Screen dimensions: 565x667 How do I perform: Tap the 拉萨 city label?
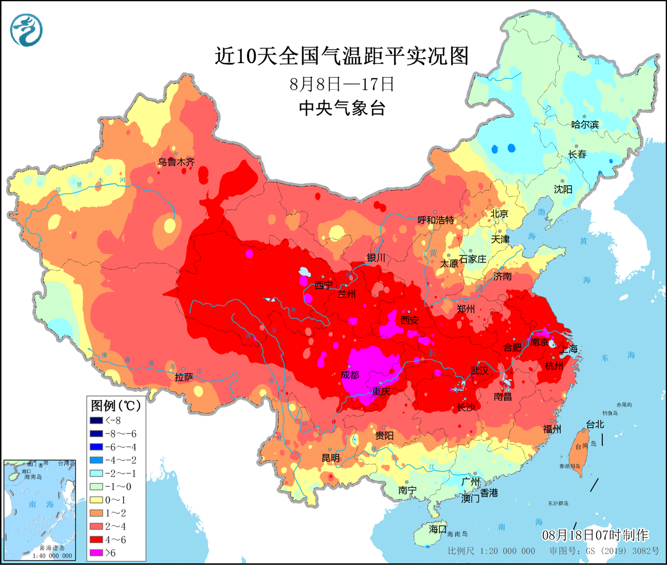(x=184, y=377)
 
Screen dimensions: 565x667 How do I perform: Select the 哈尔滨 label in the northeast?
(x=585, y=125)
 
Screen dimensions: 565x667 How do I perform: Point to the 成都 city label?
(x=350, y=375)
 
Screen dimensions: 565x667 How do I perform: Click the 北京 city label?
(x=499, y=213)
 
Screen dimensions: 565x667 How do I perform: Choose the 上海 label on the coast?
(x=569, y=349)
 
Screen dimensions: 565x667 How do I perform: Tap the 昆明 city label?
(x=330, y=458)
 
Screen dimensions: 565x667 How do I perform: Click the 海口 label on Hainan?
(x=437, y=529)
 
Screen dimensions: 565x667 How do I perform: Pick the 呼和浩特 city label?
(x=436, y=220)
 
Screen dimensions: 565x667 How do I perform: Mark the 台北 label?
(x=595, y=424)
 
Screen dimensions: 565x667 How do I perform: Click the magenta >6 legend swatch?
(x=96, y=553)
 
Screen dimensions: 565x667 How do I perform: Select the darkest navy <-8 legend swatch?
(x=96, y=420)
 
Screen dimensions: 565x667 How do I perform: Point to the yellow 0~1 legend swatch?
(x=96, y=500)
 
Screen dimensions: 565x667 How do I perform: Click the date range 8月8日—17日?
(x=342, y=84)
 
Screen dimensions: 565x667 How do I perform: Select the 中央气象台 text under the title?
(x=342, y=108)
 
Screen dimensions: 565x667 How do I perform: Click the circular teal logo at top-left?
(x=26, y=30)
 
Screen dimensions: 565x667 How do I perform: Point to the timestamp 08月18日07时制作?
(x=595, y=535)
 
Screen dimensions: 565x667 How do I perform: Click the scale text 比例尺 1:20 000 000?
(x=491, y=551)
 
